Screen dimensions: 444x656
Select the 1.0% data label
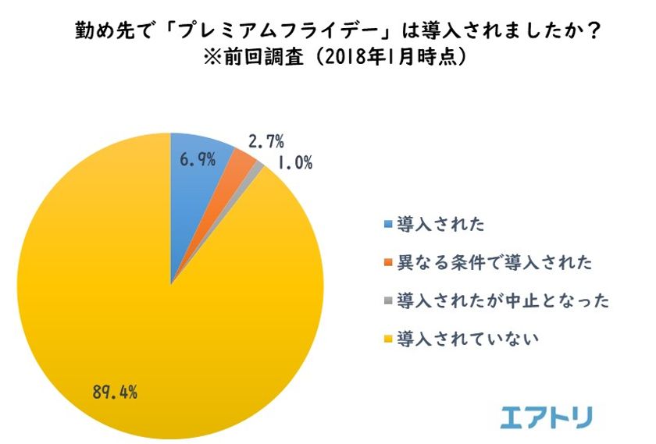(296, 163)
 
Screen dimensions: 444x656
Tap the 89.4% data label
(115, 392)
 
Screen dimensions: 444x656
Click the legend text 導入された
(440, 225)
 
